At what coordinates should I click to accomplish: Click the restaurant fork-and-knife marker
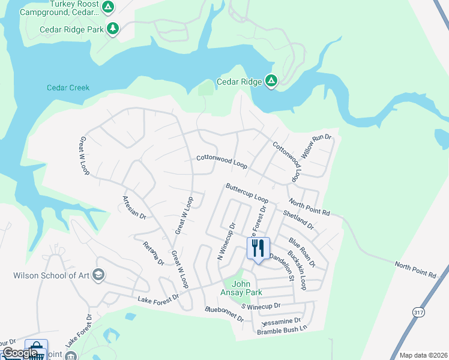[258, 248]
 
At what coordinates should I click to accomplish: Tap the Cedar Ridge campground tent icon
[271, 81]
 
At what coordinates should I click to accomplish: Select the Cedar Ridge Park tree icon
[112, 29]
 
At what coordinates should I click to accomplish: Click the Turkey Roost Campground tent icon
[107, 7]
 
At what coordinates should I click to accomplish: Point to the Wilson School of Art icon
[98, 275]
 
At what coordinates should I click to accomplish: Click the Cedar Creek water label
[68, 88]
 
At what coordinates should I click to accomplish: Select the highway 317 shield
[418, 311]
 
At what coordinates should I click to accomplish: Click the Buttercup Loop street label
[247, 192]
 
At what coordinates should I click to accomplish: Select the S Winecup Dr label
[261, 306]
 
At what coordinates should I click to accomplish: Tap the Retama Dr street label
[153, 253]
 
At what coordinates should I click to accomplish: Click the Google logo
[20, 353]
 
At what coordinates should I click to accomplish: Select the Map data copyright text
[423, 355]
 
